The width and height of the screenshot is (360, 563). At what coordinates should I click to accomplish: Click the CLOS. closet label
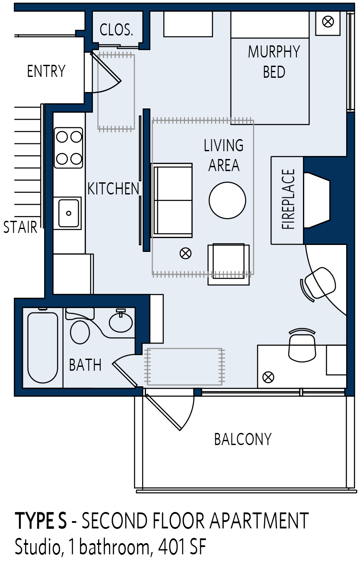(116, 30)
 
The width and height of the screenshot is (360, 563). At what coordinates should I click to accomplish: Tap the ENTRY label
(46, 71)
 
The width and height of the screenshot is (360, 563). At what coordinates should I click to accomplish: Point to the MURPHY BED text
(274, 62)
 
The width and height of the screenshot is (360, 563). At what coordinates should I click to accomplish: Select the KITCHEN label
(113, 188)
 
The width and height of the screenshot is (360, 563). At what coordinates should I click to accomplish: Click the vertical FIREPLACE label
(288, 199)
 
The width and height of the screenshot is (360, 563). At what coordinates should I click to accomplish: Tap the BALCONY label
(243, 439)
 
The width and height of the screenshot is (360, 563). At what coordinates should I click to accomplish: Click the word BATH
(85, 365)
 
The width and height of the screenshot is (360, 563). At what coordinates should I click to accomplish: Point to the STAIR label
(20, 227)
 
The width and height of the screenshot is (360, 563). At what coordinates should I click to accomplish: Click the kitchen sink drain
(68, 213)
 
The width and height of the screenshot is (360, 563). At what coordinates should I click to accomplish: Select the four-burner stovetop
(69, 148)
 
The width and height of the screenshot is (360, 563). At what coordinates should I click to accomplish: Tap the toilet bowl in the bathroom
(80, 332)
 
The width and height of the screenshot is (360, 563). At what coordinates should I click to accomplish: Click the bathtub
(42, 347)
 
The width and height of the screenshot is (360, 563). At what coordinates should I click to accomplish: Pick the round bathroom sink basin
(121, 324)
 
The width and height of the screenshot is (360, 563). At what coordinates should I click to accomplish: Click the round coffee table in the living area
(227, 200)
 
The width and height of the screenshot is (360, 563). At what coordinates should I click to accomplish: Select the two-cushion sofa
(172, 200)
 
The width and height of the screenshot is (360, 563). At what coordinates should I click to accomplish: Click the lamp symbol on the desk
(268, 377)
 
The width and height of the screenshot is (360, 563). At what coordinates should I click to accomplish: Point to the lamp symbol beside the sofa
(185, 253)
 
